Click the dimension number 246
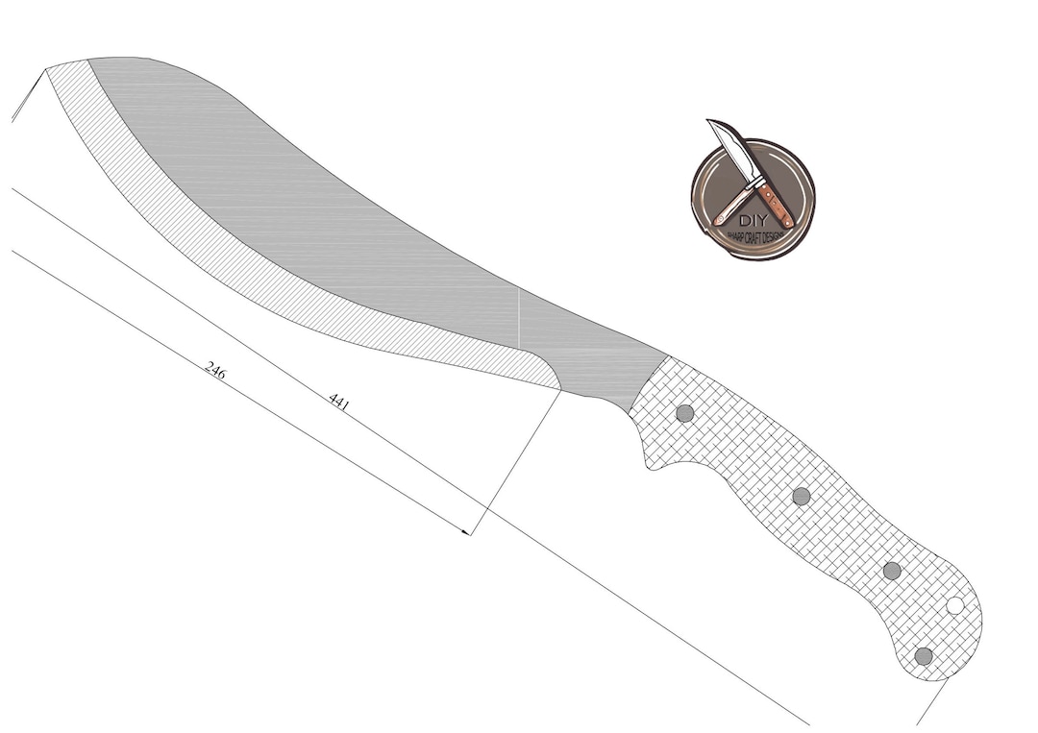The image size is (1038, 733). click(215, 371)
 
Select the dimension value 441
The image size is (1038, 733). click(338, 401)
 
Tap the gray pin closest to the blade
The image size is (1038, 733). click(684, 413)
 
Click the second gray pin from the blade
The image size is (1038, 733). click(801, 496)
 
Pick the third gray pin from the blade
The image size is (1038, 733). click(892, 571)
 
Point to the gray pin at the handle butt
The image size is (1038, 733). click(924, 656)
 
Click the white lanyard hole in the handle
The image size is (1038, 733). click(954, 605)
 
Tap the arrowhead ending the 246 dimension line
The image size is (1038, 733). click(467, 531)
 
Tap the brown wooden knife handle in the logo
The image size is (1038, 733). click(776, 204)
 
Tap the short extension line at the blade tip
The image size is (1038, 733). click(26, 96)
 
